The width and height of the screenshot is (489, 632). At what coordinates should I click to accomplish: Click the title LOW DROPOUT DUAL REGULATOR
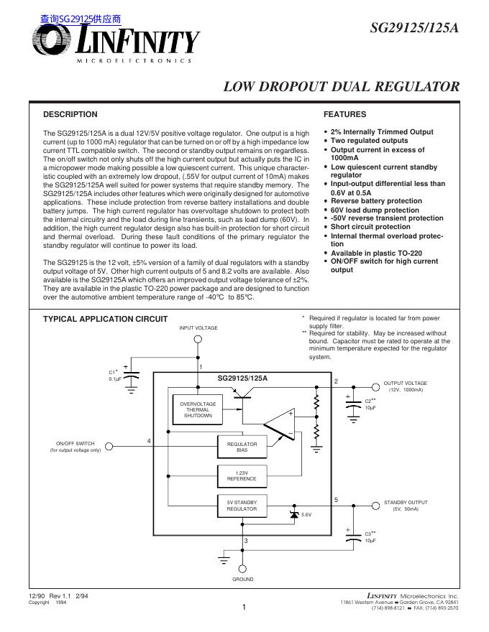pyautogui.click(x=342, y=87)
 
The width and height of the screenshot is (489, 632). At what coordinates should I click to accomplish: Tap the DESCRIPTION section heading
pyautogui.click(x=70, y=114)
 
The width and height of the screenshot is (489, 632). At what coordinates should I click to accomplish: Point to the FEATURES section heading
pyautogui.click(x=345, y=114)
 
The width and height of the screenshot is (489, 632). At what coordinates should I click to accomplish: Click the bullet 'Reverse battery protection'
pyautogui.click(x=376, y=201)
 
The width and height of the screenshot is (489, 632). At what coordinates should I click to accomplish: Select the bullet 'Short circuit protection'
pyautogui.click(x=370, y=227)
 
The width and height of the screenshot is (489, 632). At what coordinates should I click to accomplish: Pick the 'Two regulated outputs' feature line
pyautogui.click(x=369, y=141)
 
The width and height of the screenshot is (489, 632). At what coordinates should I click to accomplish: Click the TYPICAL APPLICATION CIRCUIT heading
pyautogui.click(x=106, y=319)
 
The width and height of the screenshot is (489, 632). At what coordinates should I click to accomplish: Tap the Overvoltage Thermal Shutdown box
pyautogui.click(x=197, y=410)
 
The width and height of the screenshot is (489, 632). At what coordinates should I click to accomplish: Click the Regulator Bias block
pyautogui.click(x=242, y=447)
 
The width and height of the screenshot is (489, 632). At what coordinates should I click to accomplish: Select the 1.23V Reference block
pyautogui.click(x=242, y=475)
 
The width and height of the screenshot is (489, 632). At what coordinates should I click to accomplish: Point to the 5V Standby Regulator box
pyautogui.click(x=242, y=505)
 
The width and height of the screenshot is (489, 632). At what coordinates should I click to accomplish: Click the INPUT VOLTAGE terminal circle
pyautogui.click(x=198, y=340)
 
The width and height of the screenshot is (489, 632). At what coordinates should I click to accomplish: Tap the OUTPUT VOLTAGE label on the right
pyautogui.click(x=405, y=384)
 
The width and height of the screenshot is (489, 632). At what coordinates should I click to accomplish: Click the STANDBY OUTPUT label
pyautogui.click(x=406, y=503)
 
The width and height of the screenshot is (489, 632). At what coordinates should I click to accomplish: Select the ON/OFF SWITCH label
pyautogui.click(x=76, y=443)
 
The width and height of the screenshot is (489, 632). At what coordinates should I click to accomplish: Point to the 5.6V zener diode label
pyautogui.click(x=306, y=515)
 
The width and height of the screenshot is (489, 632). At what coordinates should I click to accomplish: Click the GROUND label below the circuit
pyautogui.click(x=242, y=579)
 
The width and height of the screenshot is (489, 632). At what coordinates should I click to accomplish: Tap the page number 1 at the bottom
pyautogui.click(x=244, y=608)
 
